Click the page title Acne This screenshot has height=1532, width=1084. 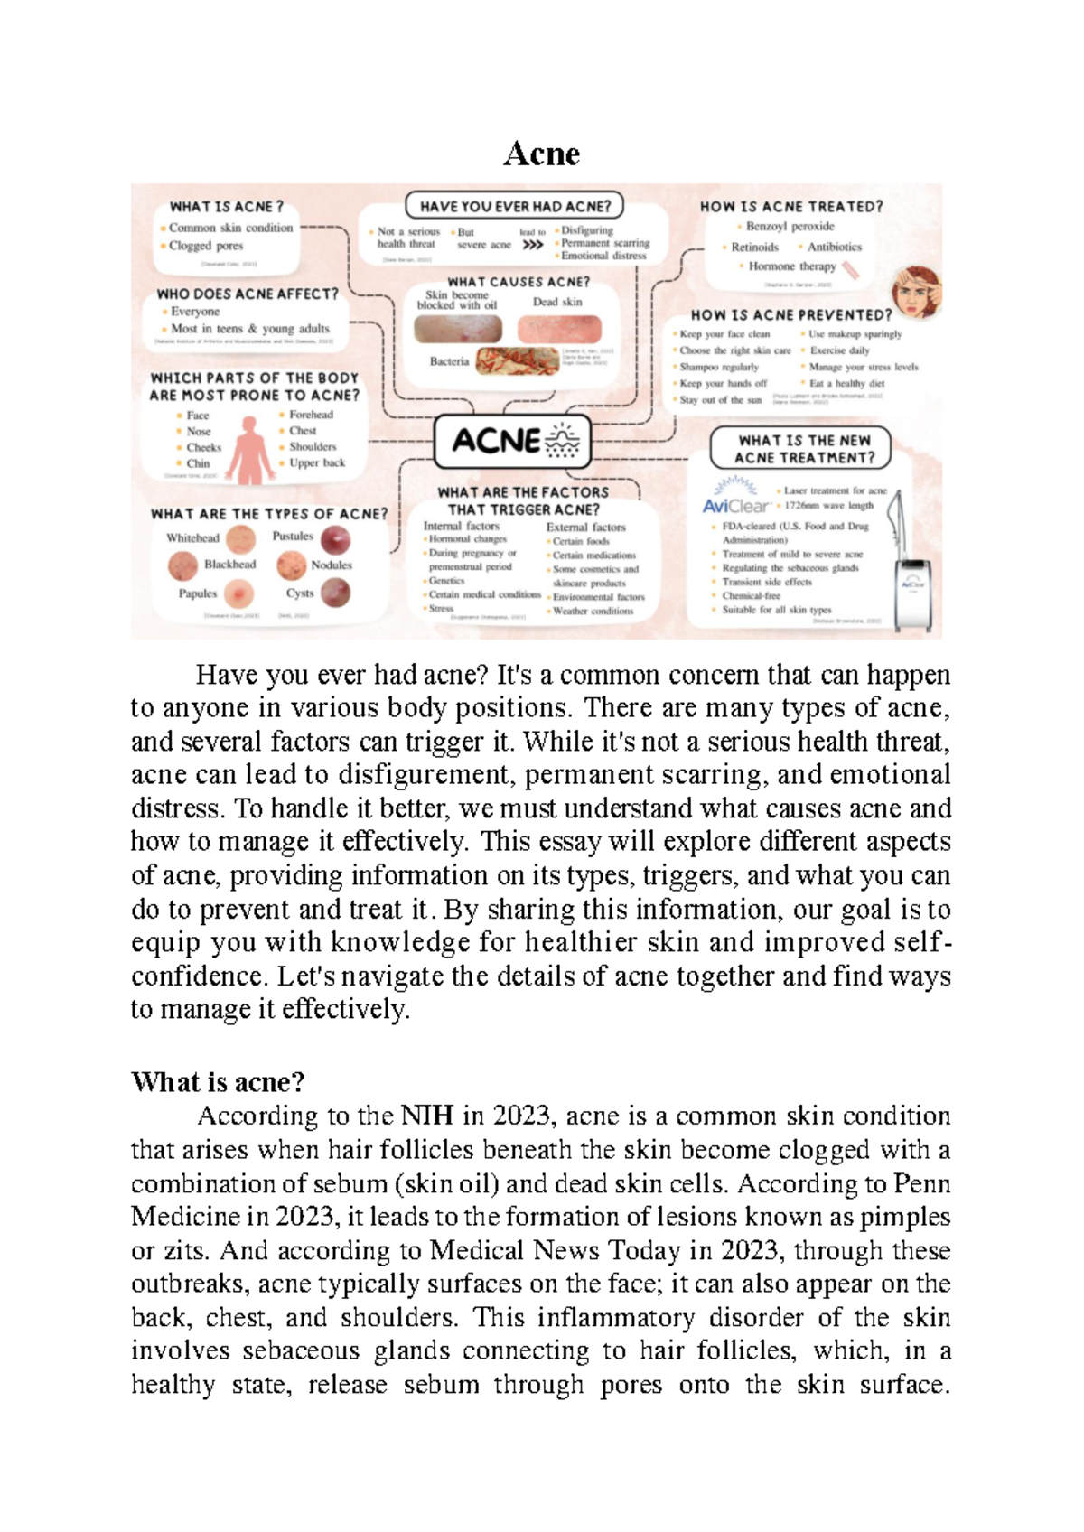[541, 154]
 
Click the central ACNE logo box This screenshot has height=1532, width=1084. [512, 441]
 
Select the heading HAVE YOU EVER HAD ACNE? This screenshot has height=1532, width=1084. [515, 206]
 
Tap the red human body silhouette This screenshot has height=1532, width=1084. [249, 449]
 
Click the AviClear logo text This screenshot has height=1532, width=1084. [735, 506]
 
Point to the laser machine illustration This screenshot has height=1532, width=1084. [911, 587]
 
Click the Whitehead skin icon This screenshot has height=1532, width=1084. [241, 539]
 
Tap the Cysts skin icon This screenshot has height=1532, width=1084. [336, 593]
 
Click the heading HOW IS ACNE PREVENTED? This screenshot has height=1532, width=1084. [790, 315]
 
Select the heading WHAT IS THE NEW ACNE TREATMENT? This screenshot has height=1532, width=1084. [801, 449]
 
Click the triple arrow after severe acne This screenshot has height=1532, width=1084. [533, 245]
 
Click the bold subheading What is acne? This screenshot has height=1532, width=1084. [218, 1081]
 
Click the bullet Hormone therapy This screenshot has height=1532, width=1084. [791, 266]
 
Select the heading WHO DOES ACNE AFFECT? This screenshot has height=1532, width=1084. [248, 294]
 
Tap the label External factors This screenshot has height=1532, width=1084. [585, 527]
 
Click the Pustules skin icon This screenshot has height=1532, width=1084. [336, 540]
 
